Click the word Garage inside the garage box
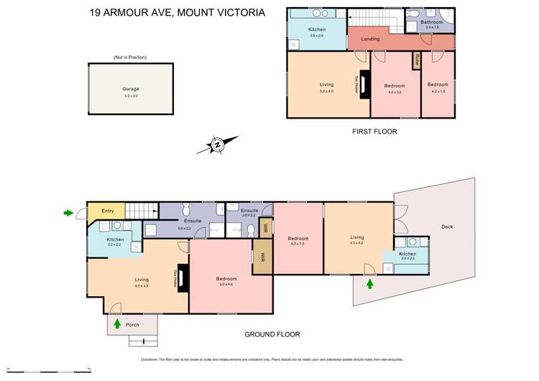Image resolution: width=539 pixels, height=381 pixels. pyautogui.click(x=130, y=89)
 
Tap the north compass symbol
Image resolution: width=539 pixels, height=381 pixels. pyautogui.click(x=216, y=144)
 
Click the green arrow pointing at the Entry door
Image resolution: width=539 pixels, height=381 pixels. pyautogui.click(x=68, y=213)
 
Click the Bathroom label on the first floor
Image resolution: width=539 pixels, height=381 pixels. pyautogui.click(x=432, y=22)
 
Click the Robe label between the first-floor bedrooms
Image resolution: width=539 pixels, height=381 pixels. pyautogui.click(x=416, y=60)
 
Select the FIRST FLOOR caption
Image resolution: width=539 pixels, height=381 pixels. pyautogui.click(x=374, y=132)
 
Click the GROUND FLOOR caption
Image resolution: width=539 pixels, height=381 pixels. pyautogui.click(x=271, y=334)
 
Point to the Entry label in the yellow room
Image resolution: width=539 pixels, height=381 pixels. pyautogui.click(x=108, y=211)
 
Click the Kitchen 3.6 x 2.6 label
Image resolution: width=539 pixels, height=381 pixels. pyautogui.click(x=318, y=30)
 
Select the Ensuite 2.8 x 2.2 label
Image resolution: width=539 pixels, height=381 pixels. pyautogui.click(x=249, y=211)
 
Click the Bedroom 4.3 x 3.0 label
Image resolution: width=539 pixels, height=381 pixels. pyautogui.click(x=298, y=240)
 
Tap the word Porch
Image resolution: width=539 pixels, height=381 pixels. pyautogui.click(x=132, y=325)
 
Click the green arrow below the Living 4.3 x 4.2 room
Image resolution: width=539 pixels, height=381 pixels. pyautogui.click(x=370, y=284)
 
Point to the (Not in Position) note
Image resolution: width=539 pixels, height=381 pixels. pyautogui.click(x=129, y=57)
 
